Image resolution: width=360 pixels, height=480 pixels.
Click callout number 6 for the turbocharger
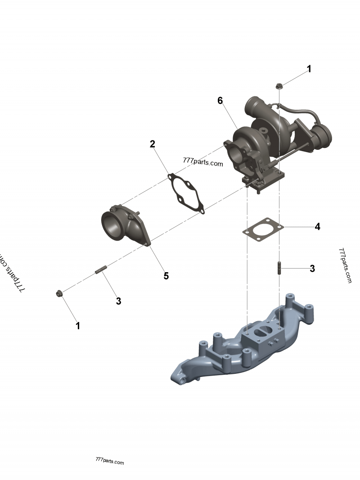click(x=220, y=100)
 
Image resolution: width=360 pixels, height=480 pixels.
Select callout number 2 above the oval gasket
click(x=153, y=144)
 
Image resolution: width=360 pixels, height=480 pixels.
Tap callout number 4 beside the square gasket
click(x=317, y=226)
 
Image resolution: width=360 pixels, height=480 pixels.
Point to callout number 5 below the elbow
click(x=166, y=276)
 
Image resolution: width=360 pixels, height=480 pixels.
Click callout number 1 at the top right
click(x=309, y=69)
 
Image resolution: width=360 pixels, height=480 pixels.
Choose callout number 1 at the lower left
click(x=78, y=326)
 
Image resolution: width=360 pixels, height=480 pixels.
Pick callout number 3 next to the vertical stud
click(x=312, y=269)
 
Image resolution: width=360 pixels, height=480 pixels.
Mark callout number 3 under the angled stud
click(x=118, y=301)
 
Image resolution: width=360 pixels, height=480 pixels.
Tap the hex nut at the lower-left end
click(x=58, y=294)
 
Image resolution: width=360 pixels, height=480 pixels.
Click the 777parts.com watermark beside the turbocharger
click(x=203, y=162)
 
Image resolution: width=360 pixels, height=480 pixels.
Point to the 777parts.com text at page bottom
click(x=110, y=461)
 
